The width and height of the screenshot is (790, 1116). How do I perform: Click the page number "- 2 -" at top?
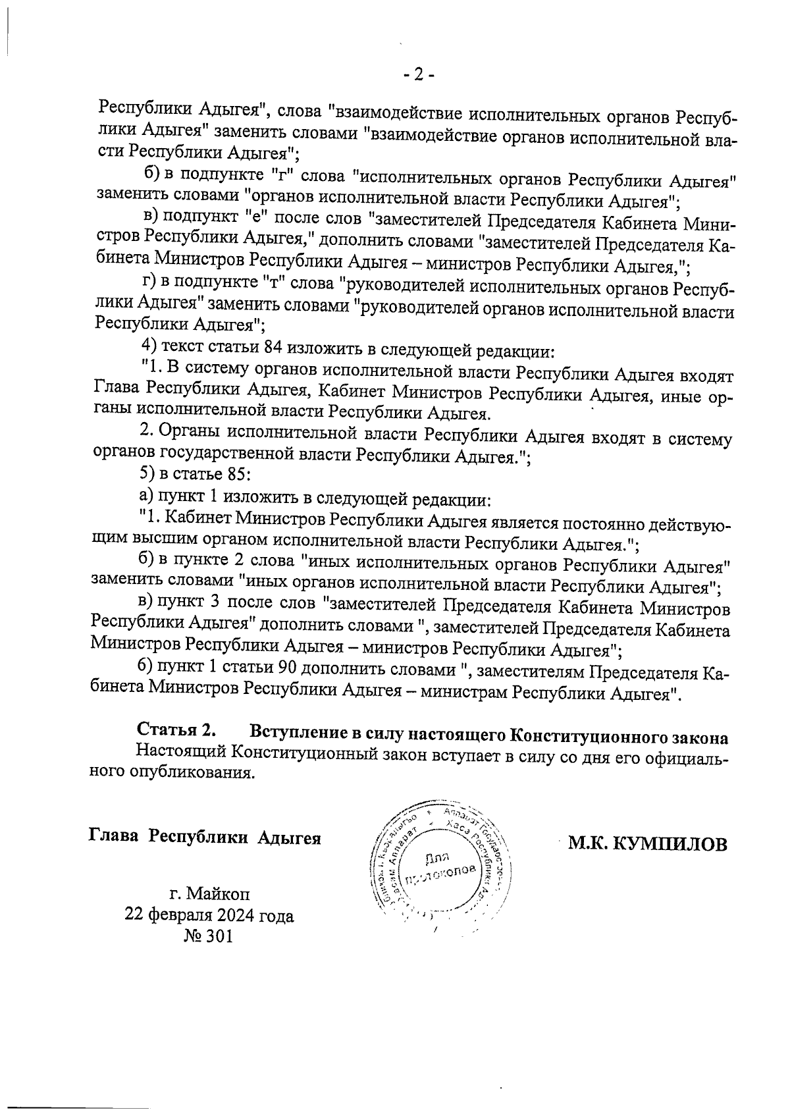click(419, 76)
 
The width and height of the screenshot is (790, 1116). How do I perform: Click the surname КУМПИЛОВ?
click(670, 844)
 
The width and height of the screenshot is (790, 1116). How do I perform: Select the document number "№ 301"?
click(209, 936)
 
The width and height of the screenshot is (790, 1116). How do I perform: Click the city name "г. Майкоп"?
click(209, 894)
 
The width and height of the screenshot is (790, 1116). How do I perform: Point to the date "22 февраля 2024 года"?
click(209, 915)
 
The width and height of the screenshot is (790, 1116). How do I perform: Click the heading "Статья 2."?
click(176, 731)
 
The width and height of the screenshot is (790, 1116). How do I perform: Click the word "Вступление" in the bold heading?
click(292, 732)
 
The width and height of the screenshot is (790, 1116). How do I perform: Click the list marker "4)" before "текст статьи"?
click(149, 346)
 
